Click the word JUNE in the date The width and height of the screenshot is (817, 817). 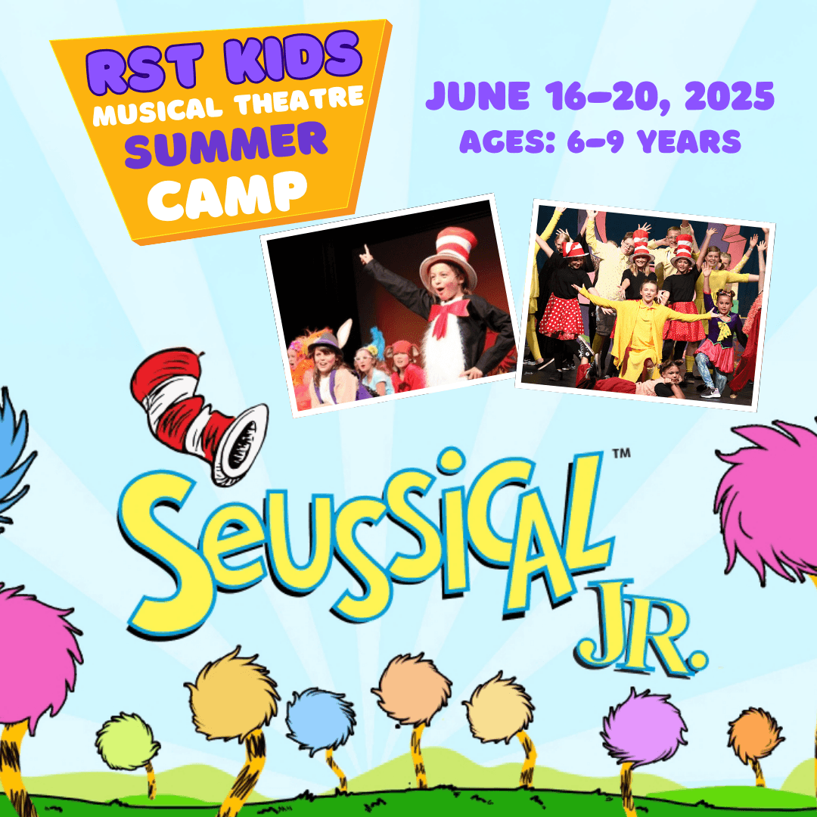[477, 97]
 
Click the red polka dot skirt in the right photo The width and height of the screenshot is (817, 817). [561, 316]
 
